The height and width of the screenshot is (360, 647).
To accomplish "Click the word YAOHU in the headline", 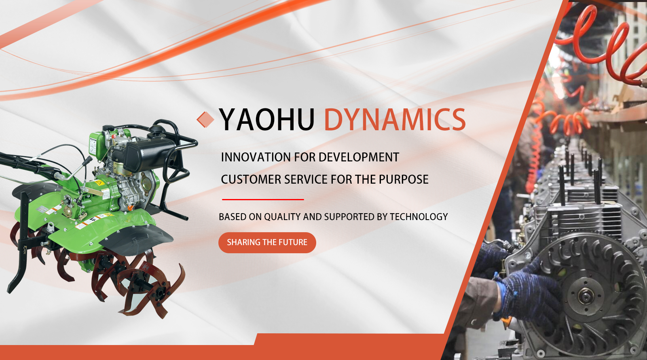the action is (266, 119).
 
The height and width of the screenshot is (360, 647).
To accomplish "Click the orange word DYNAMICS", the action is (395, 119).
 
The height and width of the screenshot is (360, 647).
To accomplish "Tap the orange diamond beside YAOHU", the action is (205, 119).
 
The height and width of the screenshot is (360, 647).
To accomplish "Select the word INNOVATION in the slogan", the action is (256, 157).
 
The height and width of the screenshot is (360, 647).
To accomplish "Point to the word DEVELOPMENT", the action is (358, 157).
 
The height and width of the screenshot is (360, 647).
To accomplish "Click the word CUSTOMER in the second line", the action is (251, 180).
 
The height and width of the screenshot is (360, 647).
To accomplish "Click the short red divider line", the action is (263, 199).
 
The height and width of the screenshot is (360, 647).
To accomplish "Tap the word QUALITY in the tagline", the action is (282, 217).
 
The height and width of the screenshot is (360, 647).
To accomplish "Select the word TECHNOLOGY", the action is (419, 217).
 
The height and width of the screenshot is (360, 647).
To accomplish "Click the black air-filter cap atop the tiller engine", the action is (157, 129).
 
